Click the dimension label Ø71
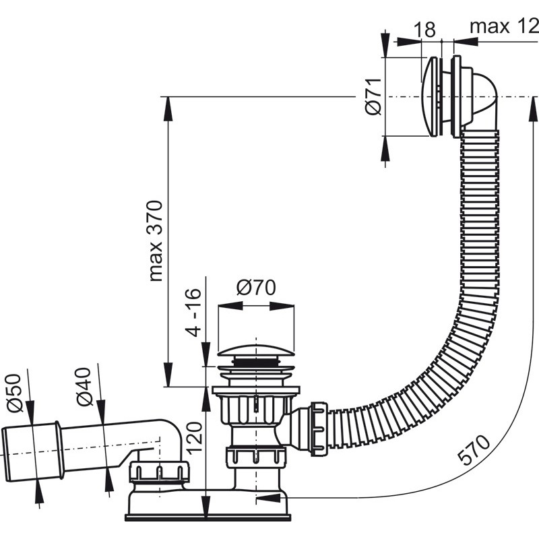point(373,96)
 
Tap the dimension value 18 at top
point(424,29)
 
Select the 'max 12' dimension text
point(504,26)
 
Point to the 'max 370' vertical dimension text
point(156,241)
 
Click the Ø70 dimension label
point(256,288)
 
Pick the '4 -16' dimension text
point(193,312)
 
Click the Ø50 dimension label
point(14,393)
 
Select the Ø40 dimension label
point(84,387)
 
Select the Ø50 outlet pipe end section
point(32,453)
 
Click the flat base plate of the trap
point(208,517)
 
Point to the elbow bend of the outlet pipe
point(172,437)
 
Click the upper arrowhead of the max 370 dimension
point(168,109)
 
